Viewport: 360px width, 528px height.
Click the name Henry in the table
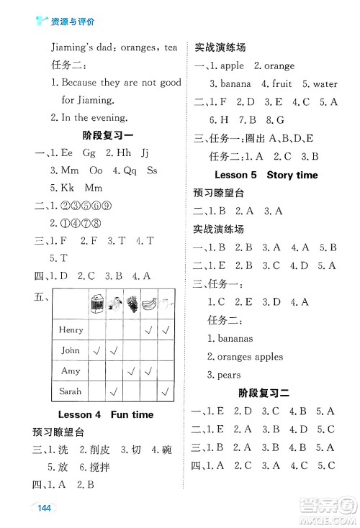pyautogui.click(x=71, y=329)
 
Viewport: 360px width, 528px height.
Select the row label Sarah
pyautogui.click(x=71, y=391)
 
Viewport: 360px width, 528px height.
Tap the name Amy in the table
pyautogui.click(x=71, y=370)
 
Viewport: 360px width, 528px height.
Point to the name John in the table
pyautogui.click(x=71, y=350)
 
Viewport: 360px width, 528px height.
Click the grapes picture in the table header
pyautogui.click(x=132, y=304)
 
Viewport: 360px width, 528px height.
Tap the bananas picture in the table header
pyautogui.click(x=149, y=304)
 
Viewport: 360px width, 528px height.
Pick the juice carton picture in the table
pyautogui.click(x=96, y=304)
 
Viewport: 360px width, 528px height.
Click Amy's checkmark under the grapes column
pyautogui.click(x=132, y=371)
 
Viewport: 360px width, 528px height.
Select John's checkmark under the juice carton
pyautogui.click(x=96, y=350)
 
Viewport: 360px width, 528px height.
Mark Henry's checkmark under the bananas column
pyautogui.click(x=149, y=330)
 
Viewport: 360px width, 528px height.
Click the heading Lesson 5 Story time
pyautogui.click(x=266, y=175)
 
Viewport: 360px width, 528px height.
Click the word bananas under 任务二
pyautogui.click(x=228, y=338)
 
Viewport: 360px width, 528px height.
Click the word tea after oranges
pyautogui.click(x=170, y=47)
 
